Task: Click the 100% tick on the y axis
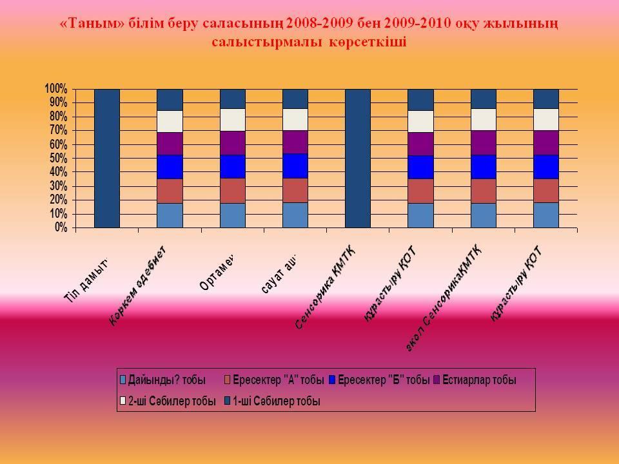click(x=56, y=88)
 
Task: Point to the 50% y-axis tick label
click(x=58, y=158)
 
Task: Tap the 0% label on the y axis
click(x=61, y=227)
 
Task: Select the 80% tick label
click(x=58, y=116)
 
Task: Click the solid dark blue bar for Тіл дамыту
click(x=107, y=158)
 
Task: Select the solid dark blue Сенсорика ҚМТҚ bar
click(x=358, y=158)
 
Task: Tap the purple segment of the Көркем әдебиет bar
click(x=170, y=143)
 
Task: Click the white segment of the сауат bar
click(x=295, y=119)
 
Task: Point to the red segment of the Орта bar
click(x=233, y=190)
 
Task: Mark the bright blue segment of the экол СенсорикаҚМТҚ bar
click(x=484, y=166)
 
